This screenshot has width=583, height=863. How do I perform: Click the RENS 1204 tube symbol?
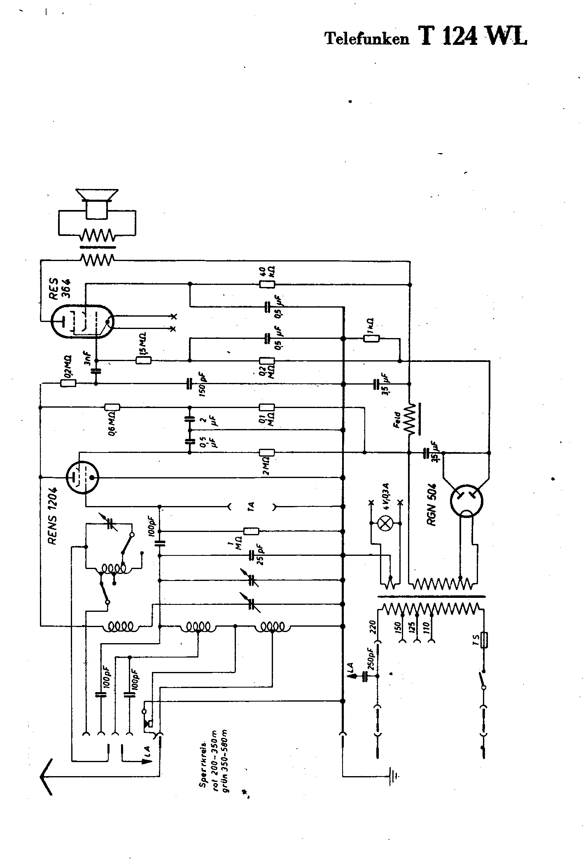[82, 477]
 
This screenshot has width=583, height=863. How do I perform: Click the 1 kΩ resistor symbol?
[371, 338]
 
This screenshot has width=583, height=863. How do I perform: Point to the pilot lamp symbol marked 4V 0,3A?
[385, 523]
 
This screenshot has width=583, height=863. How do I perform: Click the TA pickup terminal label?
[252, 506]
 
